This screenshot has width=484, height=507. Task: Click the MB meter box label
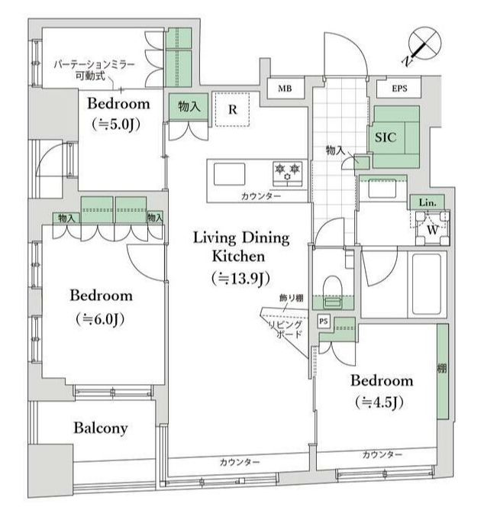click(285, 89)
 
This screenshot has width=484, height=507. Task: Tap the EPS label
click(399, 89)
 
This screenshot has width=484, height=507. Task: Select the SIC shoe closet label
click(386, 137)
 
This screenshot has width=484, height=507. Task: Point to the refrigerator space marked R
click(233, 109)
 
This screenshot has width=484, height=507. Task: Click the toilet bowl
click(332, 286)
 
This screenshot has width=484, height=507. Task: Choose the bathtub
click(427, 283)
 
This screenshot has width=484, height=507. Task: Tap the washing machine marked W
click(432, 228)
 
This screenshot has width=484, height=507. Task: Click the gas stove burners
click(288, 173)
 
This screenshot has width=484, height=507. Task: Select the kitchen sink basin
click(229, 174)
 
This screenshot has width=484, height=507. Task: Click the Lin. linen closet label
click(428, 203)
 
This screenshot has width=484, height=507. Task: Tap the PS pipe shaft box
click(324, 321)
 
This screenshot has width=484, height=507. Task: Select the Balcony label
click(101, 428)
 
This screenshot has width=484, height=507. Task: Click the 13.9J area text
click(241, 279)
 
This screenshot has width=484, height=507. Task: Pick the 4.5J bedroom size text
click(379, 402)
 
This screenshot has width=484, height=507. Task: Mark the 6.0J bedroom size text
click(101, 319)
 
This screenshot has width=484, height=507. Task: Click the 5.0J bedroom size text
click(116, 124)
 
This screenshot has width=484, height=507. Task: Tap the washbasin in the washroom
click(382, 188)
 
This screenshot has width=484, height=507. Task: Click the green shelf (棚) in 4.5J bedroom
click(443, 372)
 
